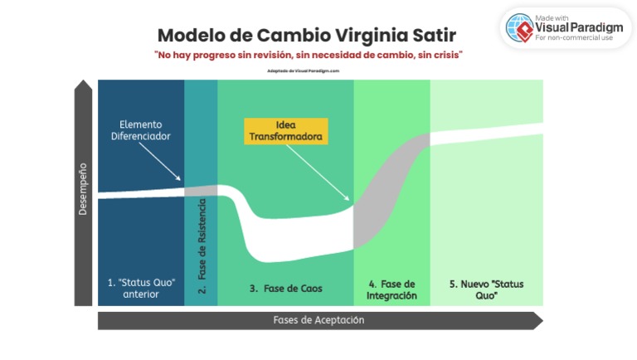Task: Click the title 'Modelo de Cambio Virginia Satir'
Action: point(307,36)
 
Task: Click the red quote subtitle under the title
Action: point(308,55)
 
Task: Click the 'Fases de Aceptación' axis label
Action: point(318,319)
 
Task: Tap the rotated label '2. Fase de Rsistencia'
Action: point(202,249)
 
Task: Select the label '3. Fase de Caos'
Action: point(285,289)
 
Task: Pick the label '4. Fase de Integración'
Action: point(391,289)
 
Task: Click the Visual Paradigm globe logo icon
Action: point(519,27)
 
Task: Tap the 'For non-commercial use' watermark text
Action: point(575,38)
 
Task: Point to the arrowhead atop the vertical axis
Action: point(83,85)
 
